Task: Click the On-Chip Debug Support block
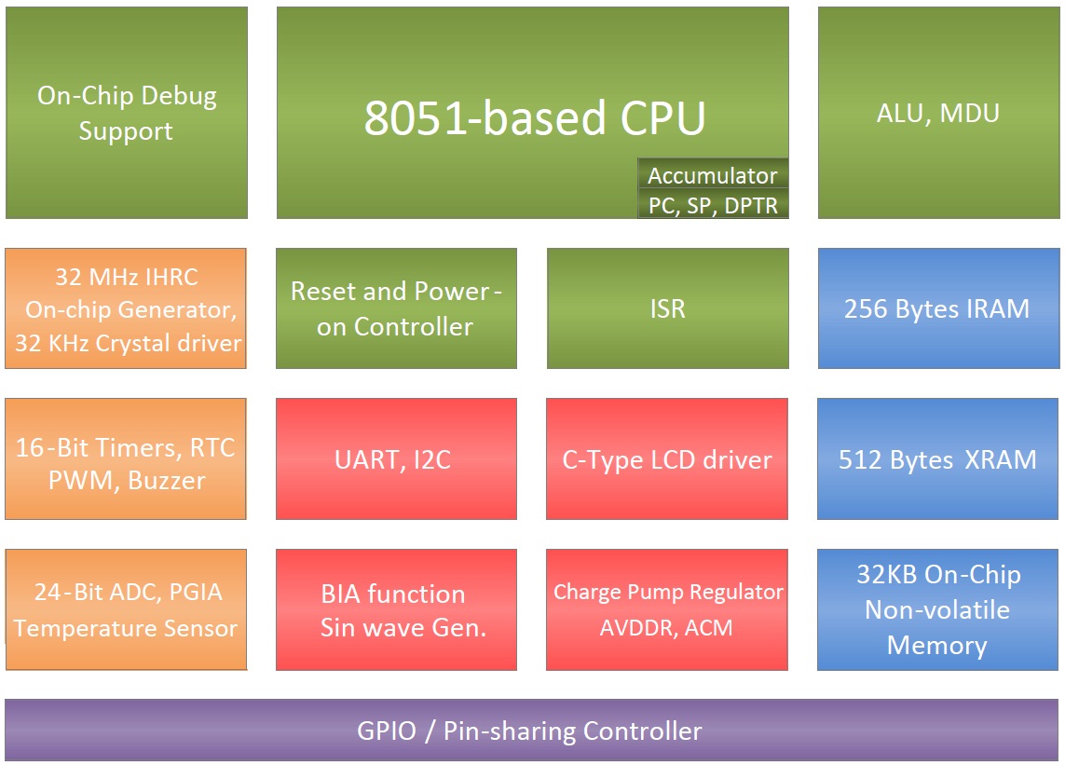tap(126, 113)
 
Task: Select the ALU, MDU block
tap(937, 113)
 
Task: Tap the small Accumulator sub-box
tap(713, 175)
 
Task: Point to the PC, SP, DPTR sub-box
tap(713, 206)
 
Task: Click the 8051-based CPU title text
tap(534, 118)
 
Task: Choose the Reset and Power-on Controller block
tap(396, 308)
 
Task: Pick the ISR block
tap(667, 308)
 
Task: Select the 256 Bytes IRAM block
tap(937, 308)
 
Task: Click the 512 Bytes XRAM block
tap(937, 459)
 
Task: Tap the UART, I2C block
tap(396, 459)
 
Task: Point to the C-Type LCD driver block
tap(667, 459)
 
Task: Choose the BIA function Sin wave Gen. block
tap(396, 609)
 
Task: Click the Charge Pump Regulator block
tap(667, 609)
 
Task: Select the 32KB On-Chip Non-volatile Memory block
tap(937, 609)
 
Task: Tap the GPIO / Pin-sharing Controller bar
tap(531, 731)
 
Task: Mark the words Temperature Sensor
tap(126, 629)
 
